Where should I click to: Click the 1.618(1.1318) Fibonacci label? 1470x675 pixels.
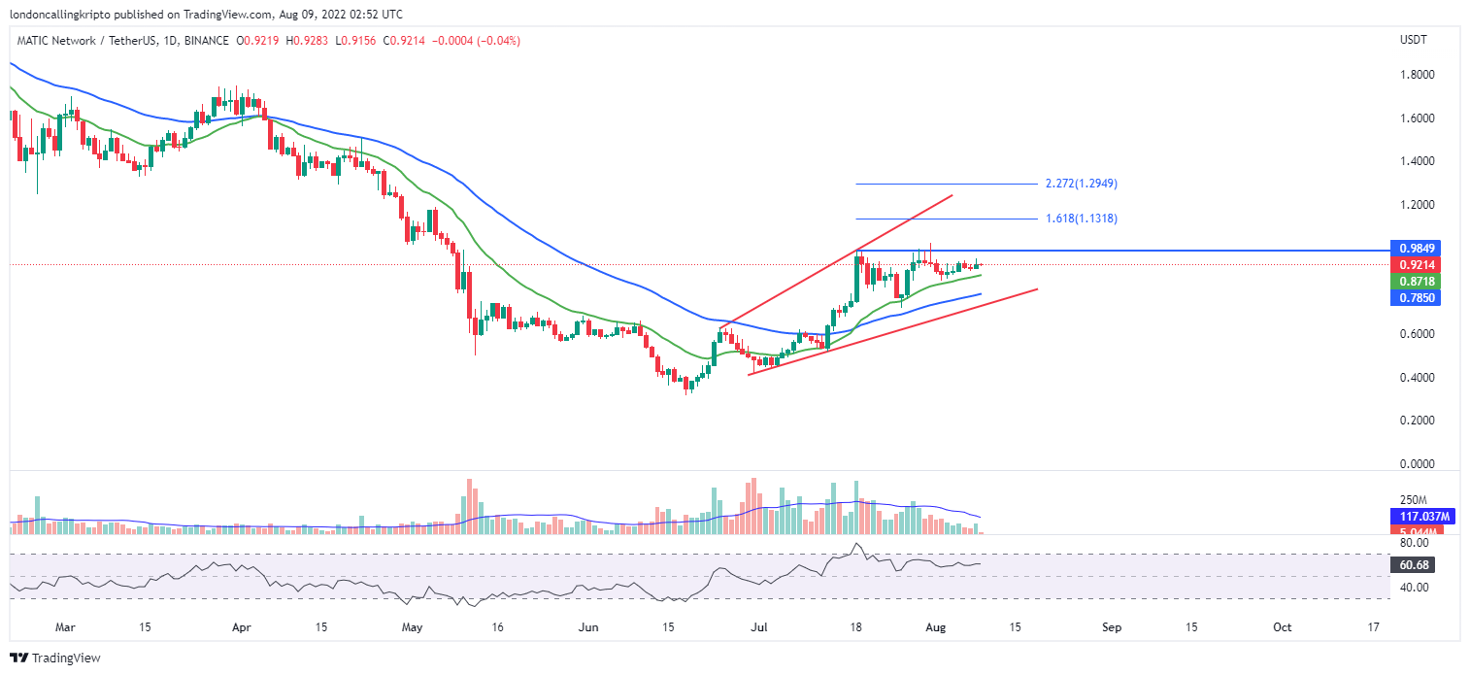pos(1081,219)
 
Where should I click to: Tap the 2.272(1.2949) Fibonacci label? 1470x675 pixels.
pos(1081,184)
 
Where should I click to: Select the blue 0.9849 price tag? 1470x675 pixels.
pos(1413,248)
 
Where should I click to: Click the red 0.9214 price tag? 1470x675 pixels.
pos(1413,264)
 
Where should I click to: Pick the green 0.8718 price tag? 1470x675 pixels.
pos(1413,281)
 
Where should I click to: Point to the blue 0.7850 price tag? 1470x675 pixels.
pos(1413,297)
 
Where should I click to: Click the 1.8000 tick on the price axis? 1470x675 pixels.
pos(1417,75)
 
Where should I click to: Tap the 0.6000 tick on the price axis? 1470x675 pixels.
pos(1417,334)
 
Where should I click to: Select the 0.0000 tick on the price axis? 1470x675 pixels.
pos(1417,464)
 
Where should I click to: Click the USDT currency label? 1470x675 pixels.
pos(1413,40)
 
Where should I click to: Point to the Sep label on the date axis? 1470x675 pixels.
pos(1112,628)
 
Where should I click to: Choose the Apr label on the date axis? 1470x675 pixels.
pos(241,628)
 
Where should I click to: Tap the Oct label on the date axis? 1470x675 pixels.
pos(1283,628)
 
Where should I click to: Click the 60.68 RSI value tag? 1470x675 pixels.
pos(1413,564)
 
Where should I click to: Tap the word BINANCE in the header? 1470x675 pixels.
pos(206,41)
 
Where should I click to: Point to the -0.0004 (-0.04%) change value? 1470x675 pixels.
pos(478,41)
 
